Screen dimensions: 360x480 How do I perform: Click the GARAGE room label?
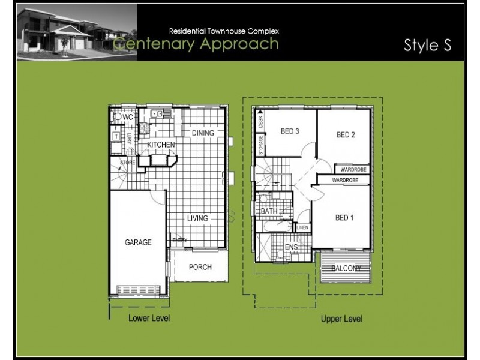137,242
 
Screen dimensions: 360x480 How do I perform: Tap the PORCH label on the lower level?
200,267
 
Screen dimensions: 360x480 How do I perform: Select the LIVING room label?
197,218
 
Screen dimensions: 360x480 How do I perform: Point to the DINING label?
203,133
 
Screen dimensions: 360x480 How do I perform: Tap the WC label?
128,117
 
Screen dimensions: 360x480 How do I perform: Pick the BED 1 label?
344,217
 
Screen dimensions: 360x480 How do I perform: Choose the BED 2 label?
346,135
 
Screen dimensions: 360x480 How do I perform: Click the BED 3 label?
290,132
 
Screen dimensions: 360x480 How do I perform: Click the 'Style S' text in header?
427,46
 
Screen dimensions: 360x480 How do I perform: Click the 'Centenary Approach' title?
196,44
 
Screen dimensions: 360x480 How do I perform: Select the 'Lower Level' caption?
149,318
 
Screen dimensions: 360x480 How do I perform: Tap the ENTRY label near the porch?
180,241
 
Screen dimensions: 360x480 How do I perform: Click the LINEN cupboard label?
303,228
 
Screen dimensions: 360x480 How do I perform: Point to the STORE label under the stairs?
127,162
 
